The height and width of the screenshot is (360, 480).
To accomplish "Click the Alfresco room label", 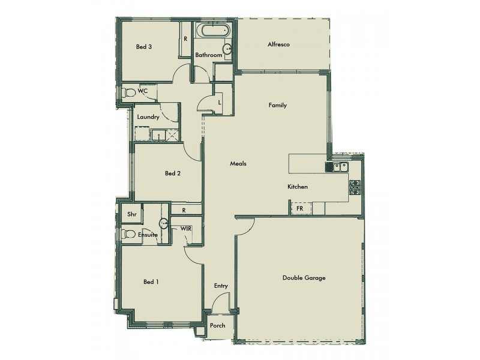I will click(278, 44).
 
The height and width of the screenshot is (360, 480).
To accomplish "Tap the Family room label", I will click(277, 105).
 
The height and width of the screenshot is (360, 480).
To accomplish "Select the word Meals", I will click(239, 164).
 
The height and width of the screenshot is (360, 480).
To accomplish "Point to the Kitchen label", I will click(298, 187).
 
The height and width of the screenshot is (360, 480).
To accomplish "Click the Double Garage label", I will click(304, 278).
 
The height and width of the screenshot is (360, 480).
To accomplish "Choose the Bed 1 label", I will click(151, 281).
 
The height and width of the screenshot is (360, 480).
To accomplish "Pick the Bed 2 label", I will click(173, 174).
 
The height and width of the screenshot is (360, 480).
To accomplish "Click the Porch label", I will click(218, 326).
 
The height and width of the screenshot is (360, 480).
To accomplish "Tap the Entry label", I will click(221, 286).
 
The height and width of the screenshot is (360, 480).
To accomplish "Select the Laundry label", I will click(148, 118).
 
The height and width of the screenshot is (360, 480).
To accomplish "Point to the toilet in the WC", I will click(128, 92).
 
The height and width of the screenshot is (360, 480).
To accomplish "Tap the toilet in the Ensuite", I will click(127, 234).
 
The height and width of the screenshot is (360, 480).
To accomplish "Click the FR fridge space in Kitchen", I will click(299, 208).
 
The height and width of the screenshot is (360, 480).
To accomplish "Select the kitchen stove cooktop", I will click(355, 187).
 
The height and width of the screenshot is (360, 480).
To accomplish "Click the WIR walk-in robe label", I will click(185, 229).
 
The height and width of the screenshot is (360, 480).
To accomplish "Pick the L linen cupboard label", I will click(220, 103).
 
